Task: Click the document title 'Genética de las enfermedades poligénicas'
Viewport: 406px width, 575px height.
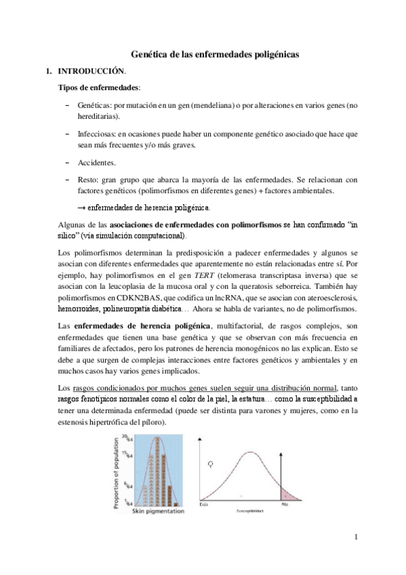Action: point(215,53)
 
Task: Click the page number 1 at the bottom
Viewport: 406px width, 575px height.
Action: point(354,537)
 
